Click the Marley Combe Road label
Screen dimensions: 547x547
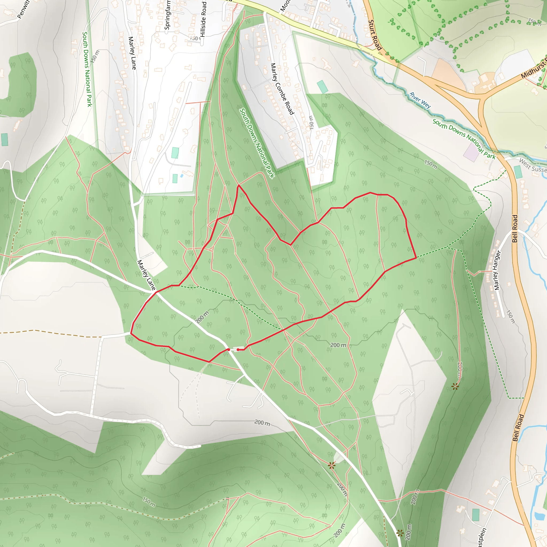point(282,89)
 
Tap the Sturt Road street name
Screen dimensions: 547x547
point(375,35)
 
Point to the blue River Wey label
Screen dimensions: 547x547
point(420,100)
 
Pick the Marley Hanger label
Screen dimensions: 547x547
point(497,270)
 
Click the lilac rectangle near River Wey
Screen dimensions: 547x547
point(471,152)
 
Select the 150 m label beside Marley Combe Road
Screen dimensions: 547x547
point(311,122)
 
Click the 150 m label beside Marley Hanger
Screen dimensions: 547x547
point(510,317)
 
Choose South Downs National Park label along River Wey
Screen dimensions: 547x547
point(464,139)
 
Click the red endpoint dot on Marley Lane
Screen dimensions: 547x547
point(228,350)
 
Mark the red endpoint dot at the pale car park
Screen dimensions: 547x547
point(238,350)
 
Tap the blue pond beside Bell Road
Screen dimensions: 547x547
point(539,516)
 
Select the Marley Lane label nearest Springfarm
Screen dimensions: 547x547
point(132,53)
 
